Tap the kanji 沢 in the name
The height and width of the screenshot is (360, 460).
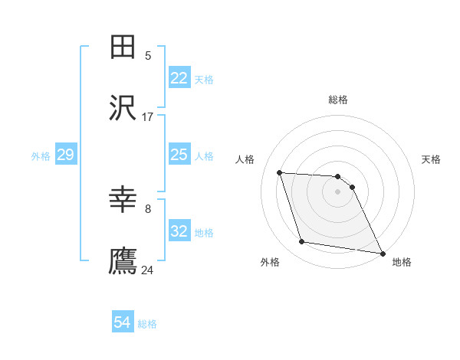[x=123, y=109]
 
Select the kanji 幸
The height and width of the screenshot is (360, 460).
[x=123, y=201]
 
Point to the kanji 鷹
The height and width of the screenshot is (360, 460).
[x=123, y=261]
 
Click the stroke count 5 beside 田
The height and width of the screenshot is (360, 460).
[x=148, y=55]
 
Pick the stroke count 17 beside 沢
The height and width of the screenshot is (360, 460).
[x=147, y=116]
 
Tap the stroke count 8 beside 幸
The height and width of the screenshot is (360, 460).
[x=148, y=208]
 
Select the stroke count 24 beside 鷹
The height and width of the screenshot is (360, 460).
[x=147, y=270]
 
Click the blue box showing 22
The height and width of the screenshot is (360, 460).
[x=179, y=78]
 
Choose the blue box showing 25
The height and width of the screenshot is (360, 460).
[x=179, y=155]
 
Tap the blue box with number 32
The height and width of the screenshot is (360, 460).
[x=179, y=231]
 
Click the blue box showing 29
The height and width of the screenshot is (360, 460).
[x=65, y=155]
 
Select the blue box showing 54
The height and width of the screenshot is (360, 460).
[x=123, y=322]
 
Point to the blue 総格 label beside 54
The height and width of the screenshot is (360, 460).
[x=147, y=324]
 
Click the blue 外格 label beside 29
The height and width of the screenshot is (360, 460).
[x=41, y=156]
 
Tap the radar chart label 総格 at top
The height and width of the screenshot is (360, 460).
[x=338, y=100]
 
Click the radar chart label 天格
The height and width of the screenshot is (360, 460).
[x=432, y=159]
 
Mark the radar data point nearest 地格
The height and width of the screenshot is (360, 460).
[x=382, y=253]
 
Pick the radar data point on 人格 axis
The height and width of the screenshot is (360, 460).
[x=280, y=173]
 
